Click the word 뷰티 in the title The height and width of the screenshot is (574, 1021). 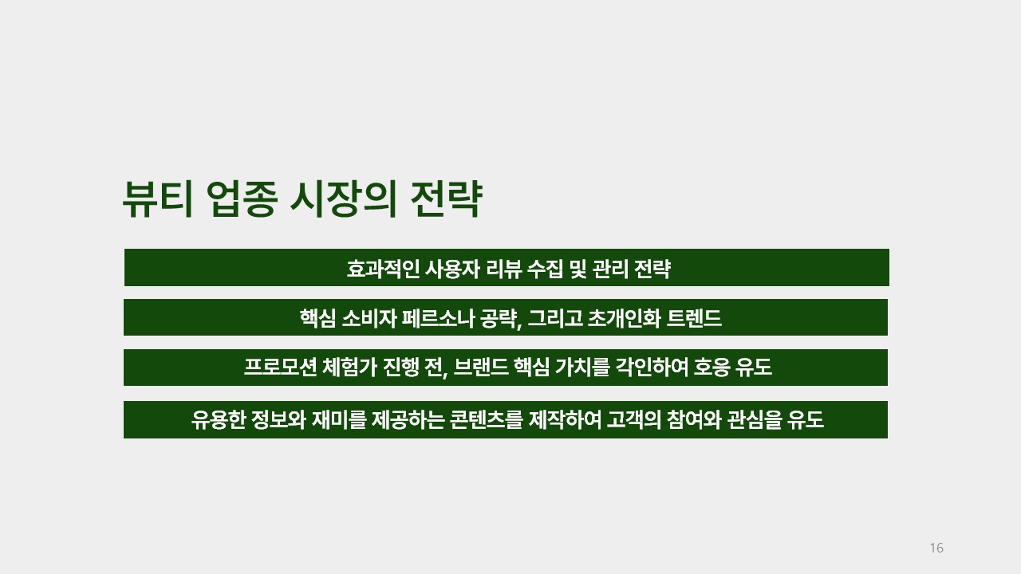click(x=158, y=199)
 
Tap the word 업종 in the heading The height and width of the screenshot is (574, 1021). click(x=242, y=199)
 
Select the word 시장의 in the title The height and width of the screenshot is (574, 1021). click(x=343, y=199)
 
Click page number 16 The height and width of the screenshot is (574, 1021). click(x=936, y=548)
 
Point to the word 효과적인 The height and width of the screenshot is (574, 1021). click(x=383, y=269)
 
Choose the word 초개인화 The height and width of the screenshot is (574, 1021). click(x=625, y=318)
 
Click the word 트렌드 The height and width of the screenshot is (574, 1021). click(x=694, y=318)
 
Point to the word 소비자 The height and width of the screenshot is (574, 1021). click(x=369, y=318)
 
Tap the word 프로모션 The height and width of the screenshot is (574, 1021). click(x=280, y=368)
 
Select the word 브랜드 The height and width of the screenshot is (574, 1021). click(x=481, y=368)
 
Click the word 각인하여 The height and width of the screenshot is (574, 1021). click(x=652, y=368)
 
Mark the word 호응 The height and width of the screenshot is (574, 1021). click(x=712, y=368)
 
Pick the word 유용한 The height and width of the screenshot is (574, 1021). click(x=219, y=419)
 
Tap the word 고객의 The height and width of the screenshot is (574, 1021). click(x=634, y=419)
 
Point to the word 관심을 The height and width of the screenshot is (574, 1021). click(x=755, y=419)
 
